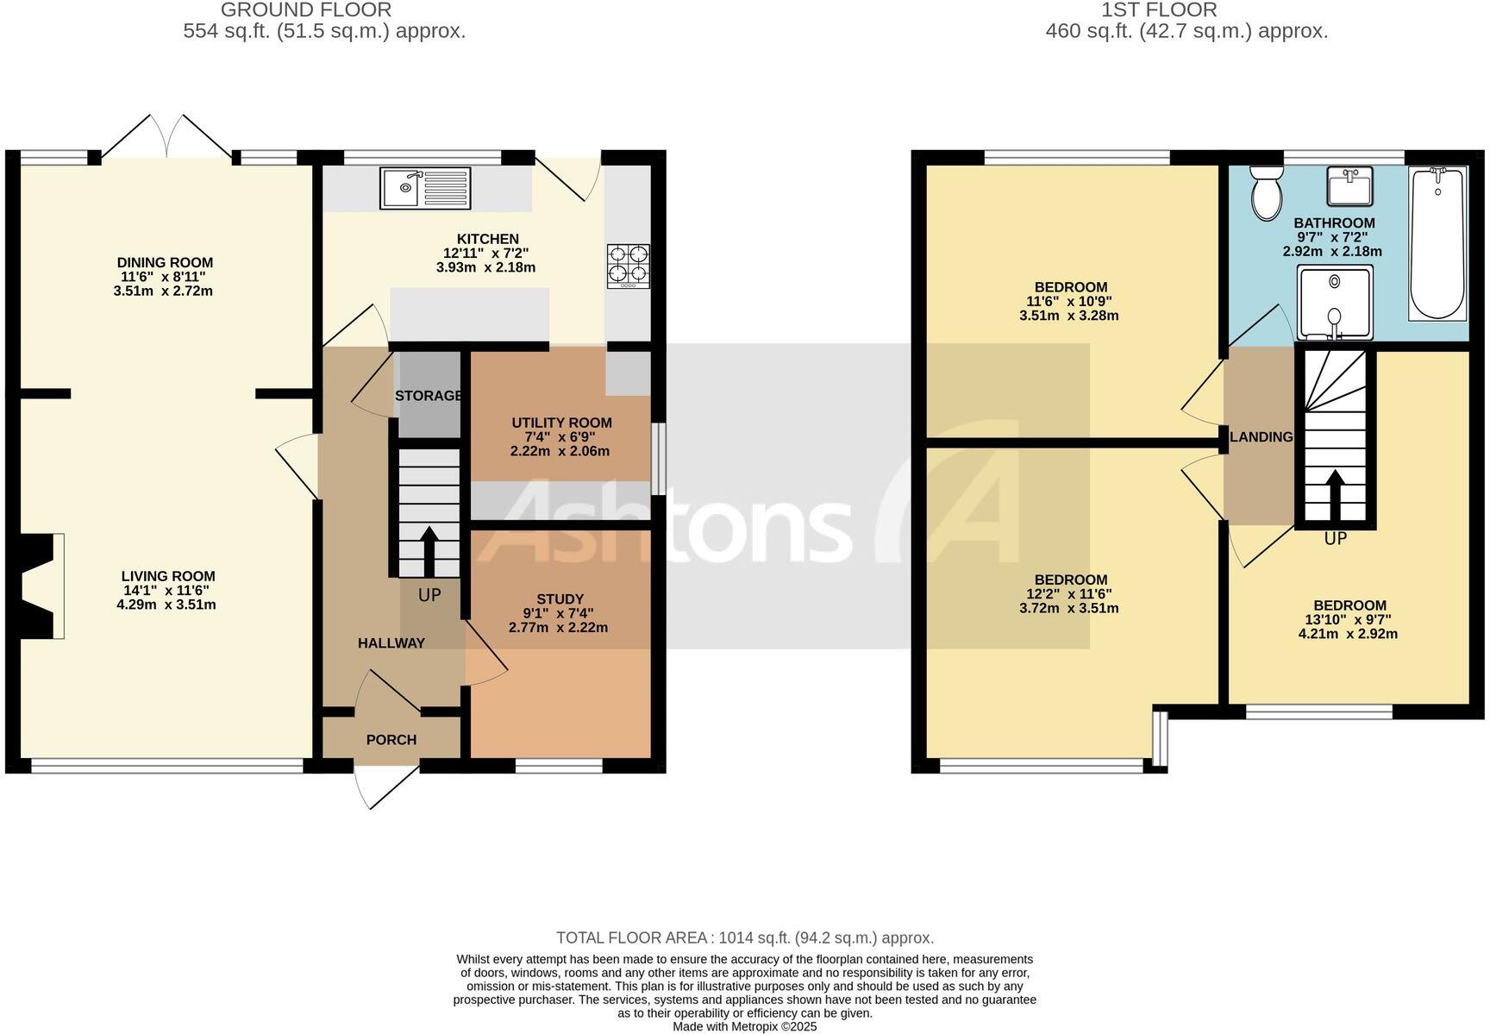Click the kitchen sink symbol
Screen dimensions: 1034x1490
425,188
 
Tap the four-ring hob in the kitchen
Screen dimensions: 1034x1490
629,266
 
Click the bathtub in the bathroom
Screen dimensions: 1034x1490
1437,243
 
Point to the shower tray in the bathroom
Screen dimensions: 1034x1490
1335,303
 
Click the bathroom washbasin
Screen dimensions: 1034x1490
1349,186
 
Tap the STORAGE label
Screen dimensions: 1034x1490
429,396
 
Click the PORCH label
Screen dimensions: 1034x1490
391,740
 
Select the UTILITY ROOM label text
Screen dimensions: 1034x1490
561,423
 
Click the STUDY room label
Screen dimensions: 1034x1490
560,599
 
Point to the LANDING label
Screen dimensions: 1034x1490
1261,437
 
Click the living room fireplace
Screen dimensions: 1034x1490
41,586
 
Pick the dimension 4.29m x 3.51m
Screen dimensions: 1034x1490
166,605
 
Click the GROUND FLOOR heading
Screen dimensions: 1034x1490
306,10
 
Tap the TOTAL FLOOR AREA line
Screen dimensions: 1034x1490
744,938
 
